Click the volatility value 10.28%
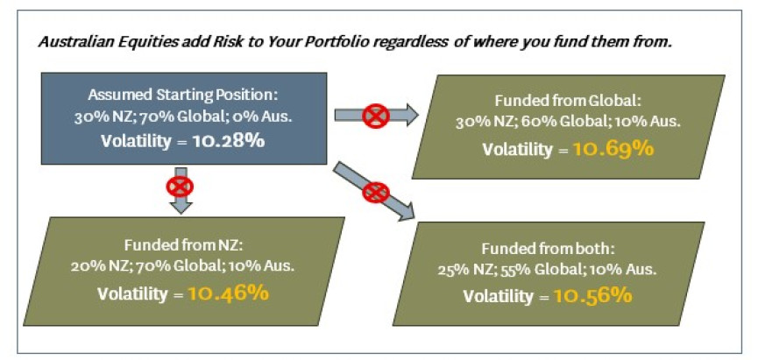pyautogui.click(x=228, y=141)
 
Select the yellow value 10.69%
pyautogui.click(x=613, y=149)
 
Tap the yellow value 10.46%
pyautogui.click(x=227, y=293)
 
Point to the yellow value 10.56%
pyautogui.click(x=592, y=295)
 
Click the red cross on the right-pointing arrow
pyautogui.click(x=376, y=116)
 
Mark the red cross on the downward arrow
pyautogui.click(x=180, y=186)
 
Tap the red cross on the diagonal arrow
pyautogui.click(x=376, y=193)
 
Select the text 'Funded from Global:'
pyautogui.click(x=568, y=101)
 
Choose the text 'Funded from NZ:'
pyautogui.click(x=182, y=245)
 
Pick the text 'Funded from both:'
pyautogui.click(x=547, y=249)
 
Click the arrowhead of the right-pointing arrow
pyautogui.click(x=411, y=115)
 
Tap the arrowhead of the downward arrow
pyautogui.click(x=181, y=207)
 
